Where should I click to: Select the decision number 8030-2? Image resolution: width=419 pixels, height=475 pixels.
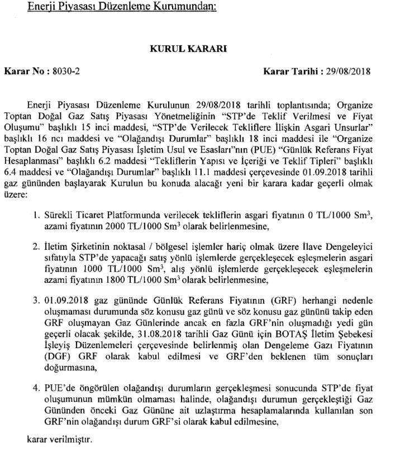click(x=66, y=72)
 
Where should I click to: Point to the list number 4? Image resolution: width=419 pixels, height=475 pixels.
click(x=35, y=386)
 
